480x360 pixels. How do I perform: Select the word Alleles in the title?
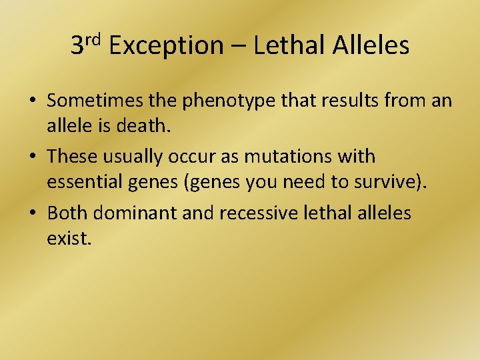click(x=371, y=45)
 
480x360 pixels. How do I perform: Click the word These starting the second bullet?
click(x=72, y=157)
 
